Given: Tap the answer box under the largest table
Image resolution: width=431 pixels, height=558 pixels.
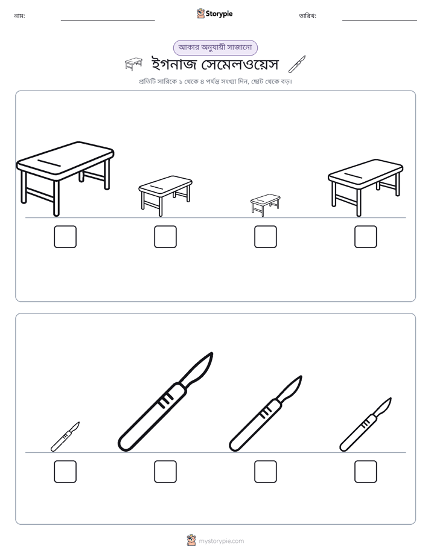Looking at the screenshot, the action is (x=65, y=237).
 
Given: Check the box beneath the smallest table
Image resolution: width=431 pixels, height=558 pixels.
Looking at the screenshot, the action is (x=265, y=237).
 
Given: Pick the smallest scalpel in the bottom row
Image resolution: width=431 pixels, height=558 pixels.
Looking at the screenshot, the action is (x=65, y=437).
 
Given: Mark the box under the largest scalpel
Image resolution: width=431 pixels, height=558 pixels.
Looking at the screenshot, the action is (x=165, y=472).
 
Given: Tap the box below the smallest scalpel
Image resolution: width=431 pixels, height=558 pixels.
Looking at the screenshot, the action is (x=65, y=472).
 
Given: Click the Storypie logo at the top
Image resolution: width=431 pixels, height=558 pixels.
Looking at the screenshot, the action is (x=214, y=13).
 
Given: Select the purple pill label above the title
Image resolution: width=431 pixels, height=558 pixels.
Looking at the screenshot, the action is (x=215, y=48).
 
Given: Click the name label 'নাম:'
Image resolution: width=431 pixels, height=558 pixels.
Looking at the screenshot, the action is (x=19, y=16).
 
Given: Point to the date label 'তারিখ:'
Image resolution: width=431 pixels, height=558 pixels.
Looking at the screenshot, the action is (x=308, y=16).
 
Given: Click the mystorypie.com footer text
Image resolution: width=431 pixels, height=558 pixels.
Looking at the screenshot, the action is (x=221, y=541).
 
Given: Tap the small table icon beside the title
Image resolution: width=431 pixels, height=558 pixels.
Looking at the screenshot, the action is (x=134, y=63).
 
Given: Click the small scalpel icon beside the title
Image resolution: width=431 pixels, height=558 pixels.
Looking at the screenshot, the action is (x=297, y=64).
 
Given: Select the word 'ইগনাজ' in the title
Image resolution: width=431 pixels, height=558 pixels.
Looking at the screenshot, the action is (x=174, y=64).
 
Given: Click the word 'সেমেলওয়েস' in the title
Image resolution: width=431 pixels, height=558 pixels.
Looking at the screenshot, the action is (x=240, y=64).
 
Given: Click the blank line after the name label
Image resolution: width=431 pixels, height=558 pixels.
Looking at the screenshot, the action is (x=107, y=20).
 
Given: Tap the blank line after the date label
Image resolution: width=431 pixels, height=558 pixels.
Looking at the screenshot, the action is (x=380, y=20).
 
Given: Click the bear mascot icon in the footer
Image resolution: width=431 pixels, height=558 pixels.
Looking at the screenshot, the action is (x=191, y=540).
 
